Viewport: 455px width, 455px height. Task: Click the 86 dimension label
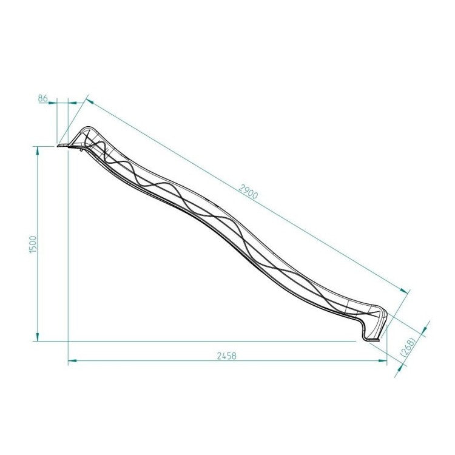42,98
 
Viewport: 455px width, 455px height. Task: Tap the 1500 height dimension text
34,244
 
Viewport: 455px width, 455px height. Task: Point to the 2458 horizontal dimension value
226,356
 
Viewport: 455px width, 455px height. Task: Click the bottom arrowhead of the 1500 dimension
38,337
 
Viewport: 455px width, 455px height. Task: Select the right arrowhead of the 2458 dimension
383,361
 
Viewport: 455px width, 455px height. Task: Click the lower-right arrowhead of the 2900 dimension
403,291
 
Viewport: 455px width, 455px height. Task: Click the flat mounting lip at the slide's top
62,145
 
